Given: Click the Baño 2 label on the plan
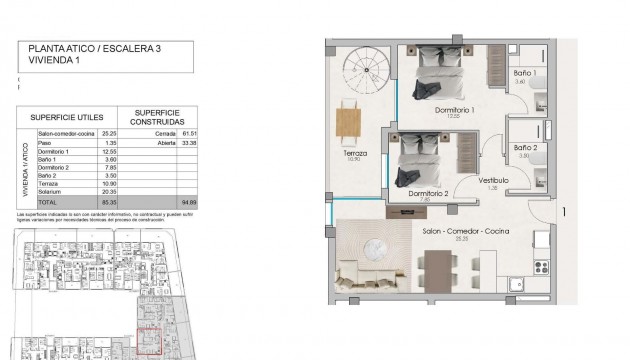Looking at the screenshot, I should point(528,148).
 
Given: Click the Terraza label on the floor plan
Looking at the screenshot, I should point(355,154).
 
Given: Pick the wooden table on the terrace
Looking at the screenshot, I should point(348,120).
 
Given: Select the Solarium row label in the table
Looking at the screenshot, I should point(51,191).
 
